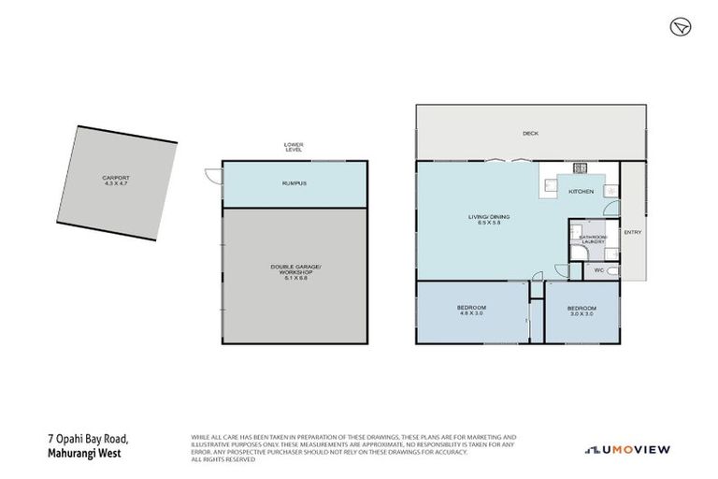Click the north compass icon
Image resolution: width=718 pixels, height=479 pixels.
tap(680, 26)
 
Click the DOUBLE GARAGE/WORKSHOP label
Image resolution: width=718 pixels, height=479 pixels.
tap(295, 270)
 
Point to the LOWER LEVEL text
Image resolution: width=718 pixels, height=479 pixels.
tap(294, 147)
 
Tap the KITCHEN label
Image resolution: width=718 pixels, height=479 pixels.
tap(582, 191)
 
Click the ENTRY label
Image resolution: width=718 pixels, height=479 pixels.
tap(633, 232)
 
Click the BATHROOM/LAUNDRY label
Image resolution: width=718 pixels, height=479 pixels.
tap(594, 239)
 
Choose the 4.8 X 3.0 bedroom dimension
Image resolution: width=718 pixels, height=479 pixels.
tap(470, 314)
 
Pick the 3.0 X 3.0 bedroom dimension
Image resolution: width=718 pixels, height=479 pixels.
tap(582, 314)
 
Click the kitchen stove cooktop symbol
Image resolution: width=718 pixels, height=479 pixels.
tap(580, 168)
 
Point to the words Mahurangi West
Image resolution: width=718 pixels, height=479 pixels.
tap(81, 454)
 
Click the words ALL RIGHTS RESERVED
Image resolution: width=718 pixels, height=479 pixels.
tap(223, 458)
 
